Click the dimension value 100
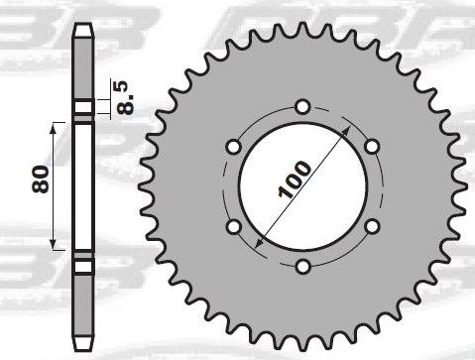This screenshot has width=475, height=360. pyautogui.click(x=295, y=180)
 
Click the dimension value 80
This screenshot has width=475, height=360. pyautogui.click(x=41, y=179)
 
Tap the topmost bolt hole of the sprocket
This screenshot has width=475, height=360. pyautogui.click(x=302, y=107)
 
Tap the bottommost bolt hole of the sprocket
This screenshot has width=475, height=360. pyautogui.click(x=302, y=267)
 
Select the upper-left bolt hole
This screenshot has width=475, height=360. pyautogui.click(x=234, y=147)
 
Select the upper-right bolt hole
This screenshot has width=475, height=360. pyautogui.click(x=372, y=147)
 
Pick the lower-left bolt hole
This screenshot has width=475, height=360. pyautogui.click(x=234, y=227)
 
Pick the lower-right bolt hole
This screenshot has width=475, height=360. pyautogui.click(x=372, y=227)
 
